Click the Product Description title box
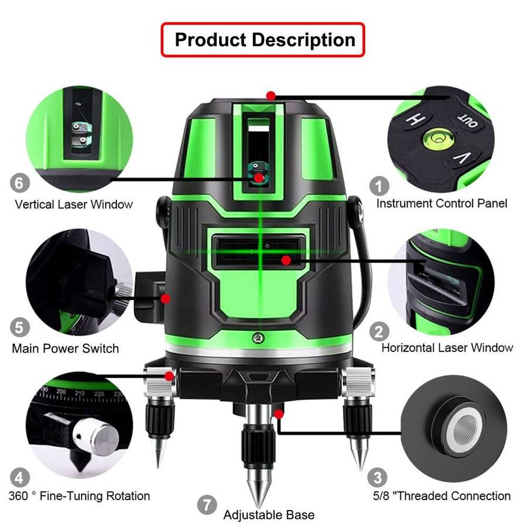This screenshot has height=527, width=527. click(x=263, y=40)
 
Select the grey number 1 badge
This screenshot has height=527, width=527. click(x=379, y=186)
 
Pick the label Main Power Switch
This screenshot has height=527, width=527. click(x=65, y=348)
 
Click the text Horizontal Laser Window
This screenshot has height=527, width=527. click(x=447, y=347)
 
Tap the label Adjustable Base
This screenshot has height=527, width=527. click(x=269, y=515)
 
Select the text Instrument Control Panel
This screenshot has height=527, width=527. click(x=442, y=204)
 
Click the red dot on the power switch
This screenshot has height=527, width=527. click(x=166, y=299)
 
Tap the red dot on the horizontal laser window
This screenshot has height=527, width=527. click(x=286, y=259)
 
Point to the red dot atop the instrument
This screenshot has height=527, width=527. click(x=270, y=95)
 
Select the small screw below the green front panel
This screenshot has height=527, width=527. click(x=256, y=338)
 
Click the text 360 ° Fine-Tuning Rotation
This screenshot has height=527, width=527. click(x=79, y=496)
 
